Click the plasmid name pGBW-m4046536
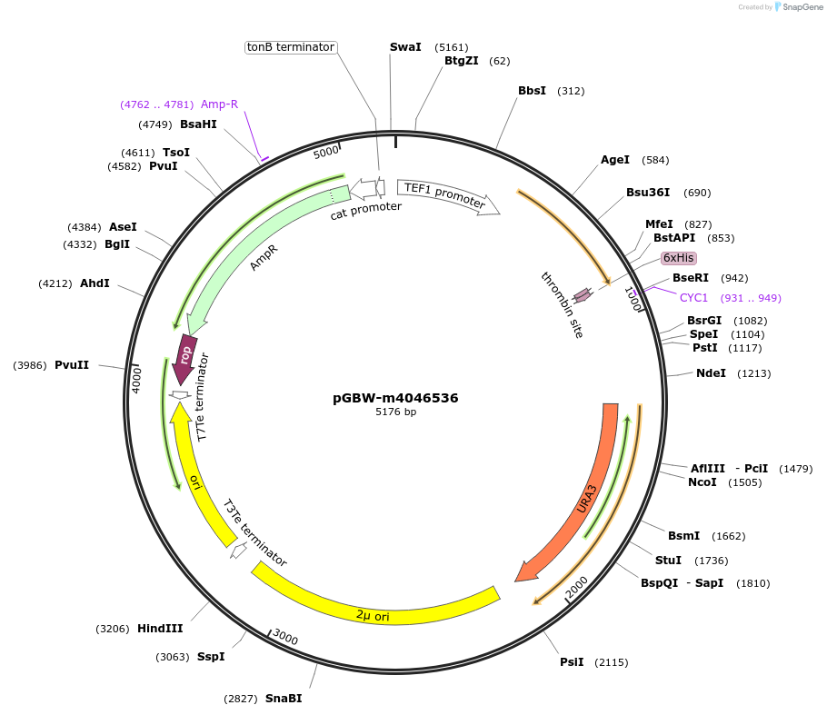pos(395,398)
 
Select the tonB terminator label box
pos(291,47)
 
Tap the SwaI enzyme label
pos(405,46)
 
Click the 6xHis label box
pos(679,258)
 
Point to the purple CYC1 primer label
pos(693,297)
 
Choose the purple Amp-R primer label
pos(219,104)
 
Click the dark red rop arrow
pos(186,353)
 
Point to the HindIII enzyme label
pos(160,628)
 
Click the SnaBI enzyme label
pos(284,698)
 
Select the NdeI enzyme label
pos(711,373)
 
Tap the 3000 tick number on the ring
pos(285,638)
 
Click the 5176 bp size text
pos(395,412)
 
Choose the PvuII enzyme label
pos(72,364)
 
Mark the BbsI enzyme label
pos(532,91)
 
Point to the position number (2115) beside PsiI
pos(611,662)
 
